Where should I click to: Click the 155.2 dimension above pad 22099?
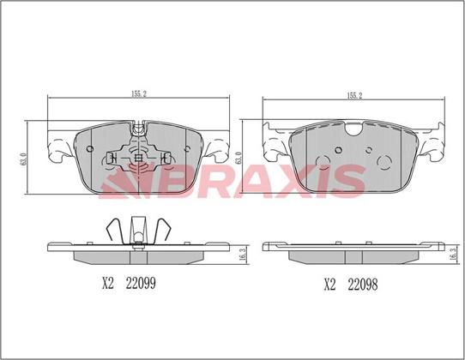[x=139, y=94]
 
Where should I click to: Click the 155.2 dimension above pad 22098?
[x=354, y=96]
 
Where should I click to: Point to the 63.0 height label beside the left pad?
[x=24, y=159]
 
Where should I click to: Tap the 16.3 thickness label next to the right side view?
[x=452, y=254]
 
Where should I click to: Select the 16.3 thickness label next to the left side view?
[x=242, y=254]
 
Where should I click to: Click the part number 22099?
[x=141, y=284]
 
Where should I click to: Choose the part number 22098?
[x=363, y=285]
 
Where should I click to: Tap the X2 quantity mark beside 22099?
[x=108, y=284]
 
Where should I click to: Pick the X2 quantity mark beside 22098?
[x=329, y=285]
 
